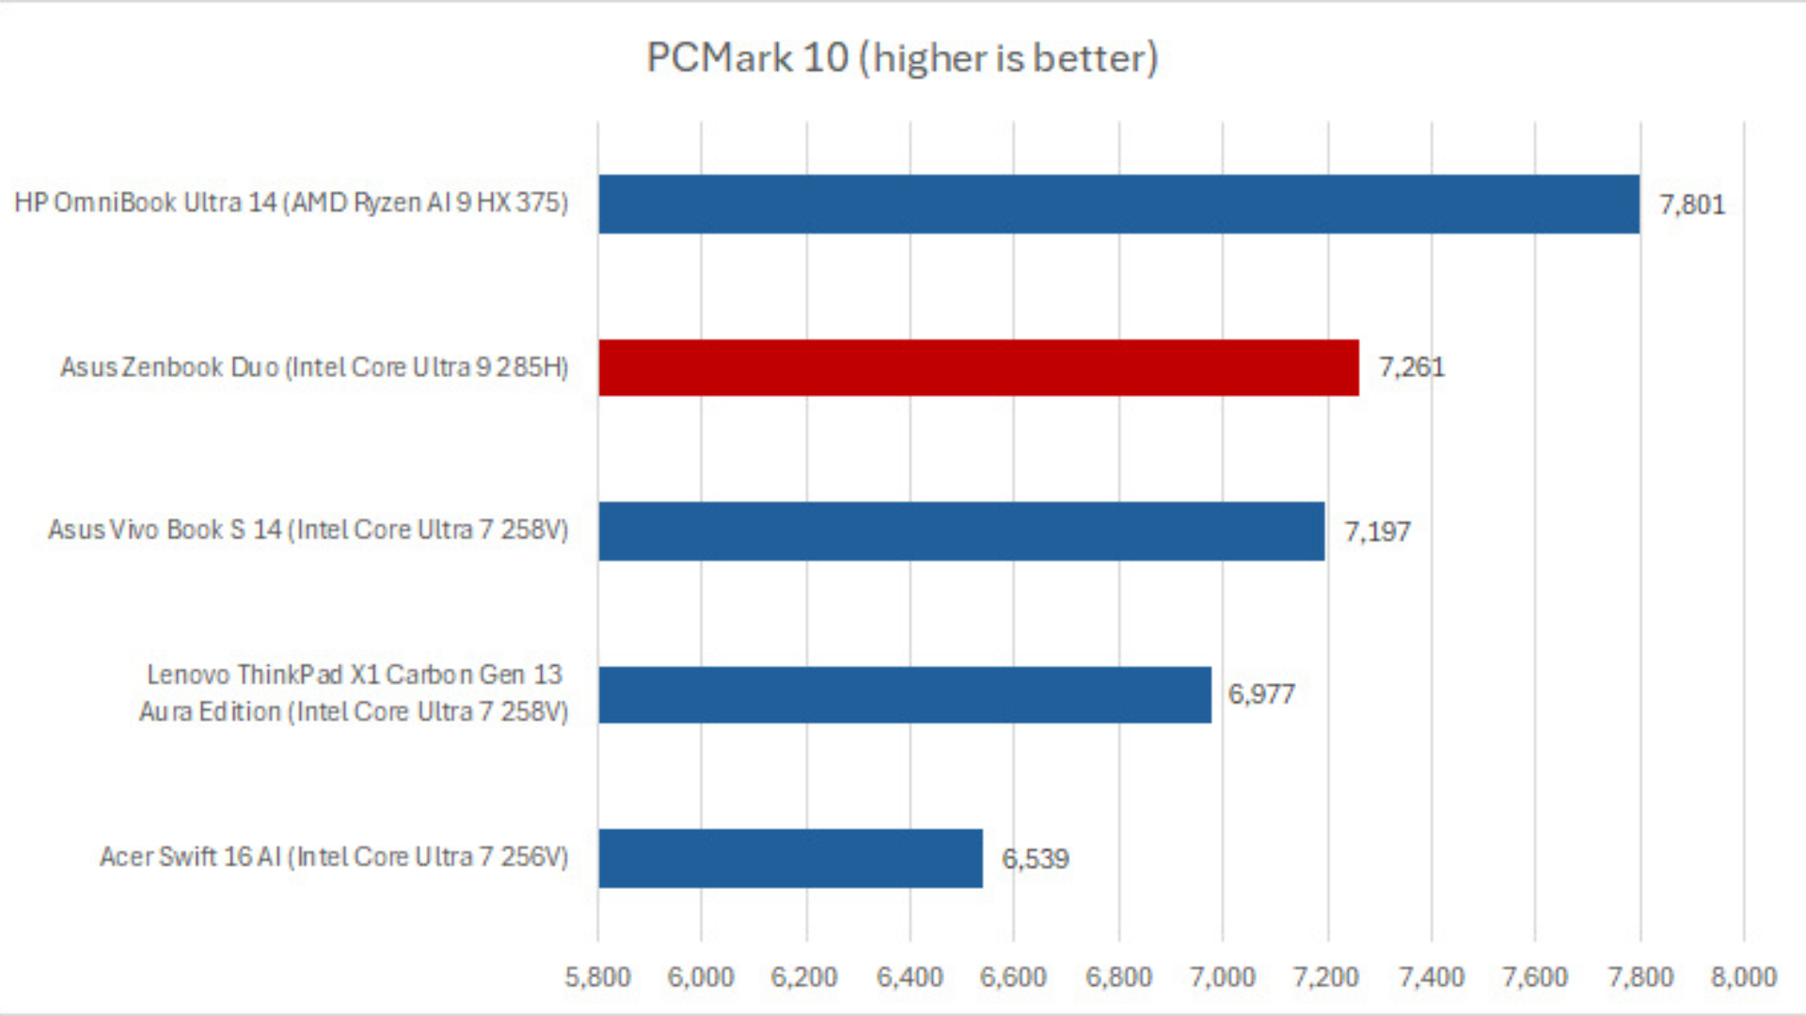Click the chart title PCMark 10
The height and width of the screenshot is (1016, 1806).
[x=901, y=58]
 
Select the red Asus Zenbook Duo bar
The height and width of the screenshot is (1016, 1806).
[x=978, y=368]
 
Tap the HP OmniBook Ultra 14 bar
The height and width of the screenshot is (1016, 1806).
[x=1118, y=204]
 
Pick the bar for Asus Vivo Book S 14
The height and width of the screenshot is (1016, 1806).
[x=961, y=532]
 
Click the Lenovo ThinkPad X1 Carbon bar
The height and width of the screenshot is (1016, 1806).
[x=905, y=695]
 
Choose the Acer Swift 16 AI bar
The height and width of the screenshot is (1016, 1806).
[x=790, y=858]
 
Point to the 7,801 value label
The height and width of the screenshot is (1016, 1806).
[x=1691, y=205]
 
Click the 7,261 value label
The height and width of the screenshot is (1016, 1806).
[x=1411, y=368]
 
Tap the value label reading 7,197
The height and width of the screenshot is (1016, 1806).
[x=1377, y=532]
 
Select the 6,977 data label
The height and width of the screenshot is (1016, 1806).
[x=1261, y=695]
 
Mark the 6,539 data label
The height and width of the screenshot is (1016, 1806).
[x=1035, y=859]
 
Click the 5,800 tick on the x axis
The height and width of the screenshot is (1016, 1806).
[x=597, y=977]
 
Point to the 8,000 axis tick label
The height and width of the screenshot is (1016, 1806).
[x=1743, y=977]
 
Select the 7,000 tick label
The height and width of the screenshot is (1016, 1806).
[x=1222, y=977]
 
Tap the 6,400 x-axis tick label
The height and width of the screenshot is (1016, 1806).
[x=910, y=977]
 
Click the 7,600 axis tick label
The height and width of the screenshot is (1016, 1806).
[x=1534, y=977]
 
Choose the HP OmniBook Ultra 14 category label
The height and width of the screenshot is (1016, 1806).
[x=291, y=203]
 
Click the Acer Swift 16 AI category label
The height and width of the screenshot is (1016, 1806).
[x=334, y=857]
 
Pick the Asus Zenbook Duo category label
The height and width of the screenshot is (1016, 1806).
[x=314, y=367]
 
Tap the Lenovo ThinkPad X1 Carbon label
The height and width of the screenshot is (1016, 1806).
[x=354, y=693]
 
